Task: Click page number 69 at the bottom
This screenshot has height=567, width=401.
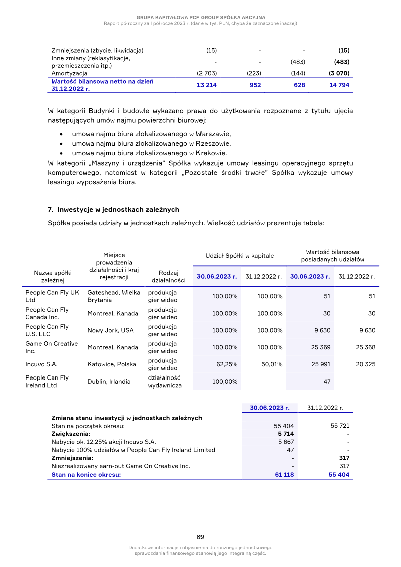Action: pos(200,537)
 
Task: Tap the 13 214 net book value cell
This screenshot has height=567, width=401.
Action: pos(207,85)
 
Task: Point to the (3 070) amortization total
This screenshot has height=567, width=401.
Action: pos(339,73)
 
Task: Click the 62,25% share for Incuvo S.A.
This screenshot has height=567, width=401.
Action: pos(226,364)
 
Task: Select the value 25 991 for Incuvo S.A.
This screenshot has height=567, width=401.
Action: pos(320,364)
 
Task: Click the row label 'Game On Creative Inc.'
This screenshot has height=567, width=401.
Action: pos(52,347)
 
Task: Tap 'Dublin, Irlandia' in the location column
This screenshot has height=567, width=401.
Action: pos(109,382)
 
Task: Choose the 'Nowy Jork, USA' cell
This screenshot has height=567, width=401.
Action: pos(110,330)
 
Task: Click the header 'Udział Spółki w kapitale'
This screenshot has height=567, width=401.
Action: pos(240,255)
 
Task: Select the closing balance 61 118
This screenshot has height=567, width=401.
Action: pos(284,475)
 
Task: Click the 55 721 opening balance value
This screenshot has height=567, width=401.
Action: pos(340,426)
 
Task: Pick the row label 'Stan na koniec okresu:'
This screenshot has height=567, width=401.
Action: pos(86,475)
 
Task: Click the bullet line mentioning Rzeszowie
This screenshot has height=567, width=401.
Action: pos(151,144)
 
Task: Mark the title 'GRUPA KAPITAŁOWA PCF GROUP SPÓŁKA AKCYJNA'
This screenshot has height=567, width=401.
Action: pos(200,18)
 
